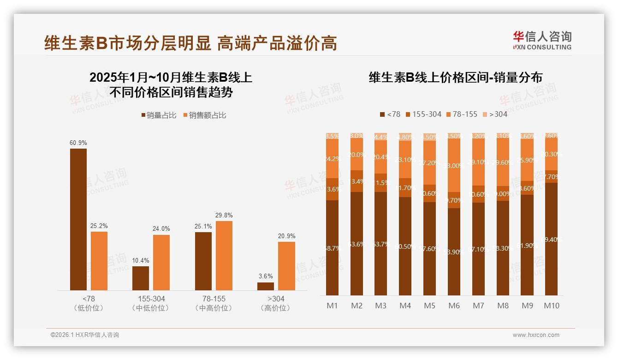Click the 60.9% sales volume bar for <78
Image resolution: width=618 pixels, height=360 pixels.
pos(78,219)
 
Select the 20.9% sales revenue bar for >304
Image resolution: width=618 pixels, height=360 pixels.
pos(286,266)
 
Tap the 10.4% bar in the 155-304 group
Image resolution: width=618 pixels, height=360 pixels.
pos(141,278)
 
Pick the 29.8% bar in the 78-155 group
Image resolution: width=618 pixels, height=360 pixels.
pos(224,255)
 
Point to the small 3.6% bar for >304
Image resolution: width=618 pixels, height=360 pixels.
pos(266,286)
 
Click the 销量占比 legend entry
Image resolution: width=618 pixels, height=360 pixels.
pos(159,115)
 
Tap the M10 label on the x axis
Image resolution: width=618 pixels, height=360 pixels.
pos(552,306)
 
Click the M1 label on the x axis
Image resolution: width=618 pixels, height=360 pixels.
pos(333,306)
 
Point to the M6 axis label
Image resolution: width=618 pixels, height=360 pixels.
pos(454,306)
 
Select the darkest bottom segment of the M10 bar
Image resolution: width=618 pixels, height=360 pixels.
pos(552,239)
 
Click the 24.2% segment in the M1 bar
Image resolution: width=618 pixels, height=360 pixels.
pos(333,158)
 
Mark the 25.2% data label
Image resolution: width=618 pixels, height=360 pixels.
pos(99,226)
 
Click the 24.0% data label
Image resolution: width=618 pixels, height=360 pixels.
pos(161,229)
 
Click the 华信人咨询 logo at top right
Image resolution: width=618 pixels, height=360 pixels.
pos(542,40)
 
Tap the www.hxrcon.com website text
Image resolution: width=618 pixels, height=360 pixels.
pos(536,335)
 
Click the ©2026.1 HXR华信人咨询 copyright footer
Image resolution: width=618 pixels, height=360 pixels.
pos(85,335)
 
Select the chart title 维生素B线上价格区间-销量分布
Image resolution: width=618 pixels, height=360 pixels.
pos(455,77)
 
